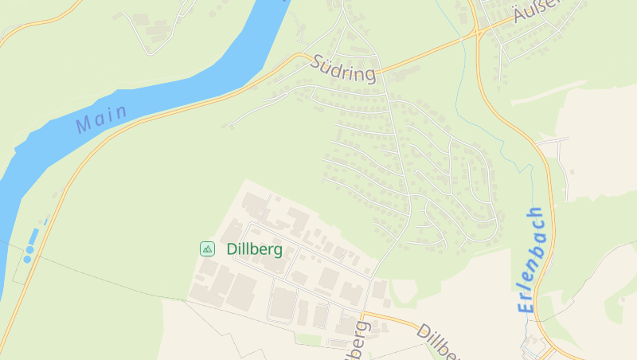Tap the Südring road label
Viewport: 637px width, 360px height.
(343, 68)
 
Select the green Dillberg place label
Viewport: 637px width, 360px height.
(255, 249)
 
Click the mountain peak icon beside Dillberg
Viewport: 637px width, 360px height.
(207, 249)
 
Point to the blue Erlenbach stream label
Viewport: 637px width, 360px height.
(530, 259)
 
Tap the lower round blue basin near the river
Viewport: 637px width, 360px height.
(27, 259)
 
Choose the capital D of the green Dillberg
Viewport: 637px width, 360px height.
(232, 249)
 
